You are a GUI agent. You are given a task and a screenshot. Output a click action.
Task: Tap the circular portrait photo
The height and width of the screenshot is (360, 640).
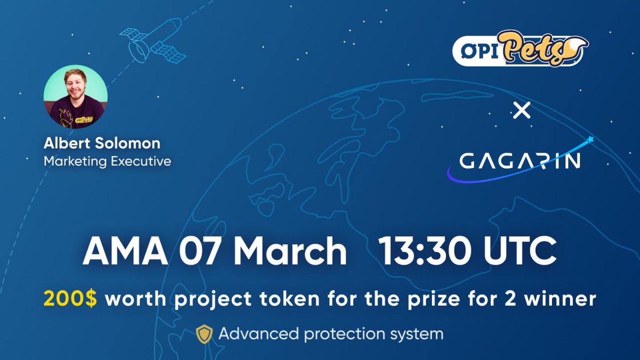[75, 98]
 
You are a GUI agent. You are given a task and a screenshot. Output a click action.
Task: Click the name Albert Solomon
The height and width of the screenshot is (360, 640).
[102, 143]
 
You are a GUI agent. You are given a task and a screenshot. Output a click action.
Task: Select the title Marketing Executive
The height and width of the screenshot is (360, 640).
[107, 161]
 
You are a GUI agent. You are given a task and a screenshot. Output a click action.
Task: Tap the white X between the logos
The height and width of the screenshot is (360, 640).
[521, 111]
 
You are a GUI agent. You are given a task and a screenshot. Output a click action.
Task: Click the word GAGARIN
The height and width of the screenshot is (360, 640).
[520, 161]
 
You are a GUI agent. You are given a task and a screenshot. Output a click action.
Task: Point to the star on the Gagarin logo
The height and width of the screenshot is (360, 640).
[590, 140]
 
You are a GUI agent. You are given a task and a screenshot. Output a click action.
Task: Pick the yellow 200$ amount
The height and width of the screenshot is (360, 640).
[71, 299]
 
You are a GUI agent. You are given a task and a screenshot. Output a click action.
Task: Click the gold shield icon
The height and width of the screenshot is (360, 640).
[204, 334]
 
